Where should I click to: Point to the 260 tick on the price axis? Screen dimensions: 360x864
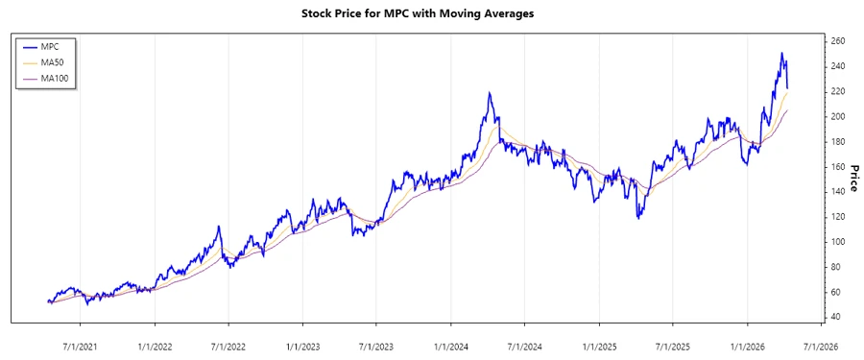tap(838, 41)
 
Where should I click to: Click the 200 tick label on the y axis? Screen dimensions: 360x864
tap(838, 116)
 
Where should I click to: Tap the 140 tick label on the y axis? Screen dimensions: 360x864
tap(838, 191)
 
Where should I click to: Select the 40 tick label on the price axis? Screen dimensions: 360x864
tap(835, 317)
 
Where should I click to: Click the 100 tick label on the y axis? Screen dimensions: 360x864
tap(838, 242)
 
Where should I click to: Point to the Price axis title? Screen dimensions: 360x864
tap(854, 180)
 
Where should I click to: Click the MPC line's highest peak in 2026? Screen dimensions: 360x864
tap(782, 54)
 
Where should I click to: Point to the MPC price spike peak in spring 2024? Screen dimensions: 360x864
tap(490, 93)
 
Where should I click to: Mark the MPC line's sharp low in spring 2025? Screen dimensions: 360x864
tap(638, 219)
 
